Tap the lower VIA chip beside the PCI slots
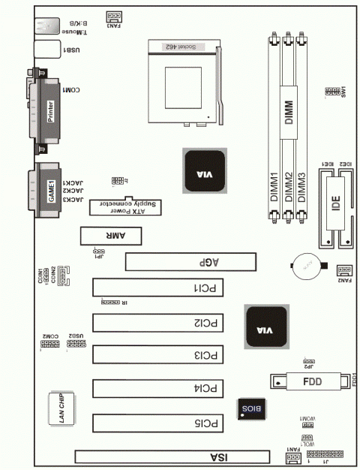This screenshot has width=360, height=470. (265, 328)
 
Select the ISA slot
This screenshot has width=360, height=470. (171, 456)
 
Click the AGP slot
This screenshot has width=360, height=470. (190, 262)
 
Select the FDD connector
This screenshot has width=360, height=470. (307, 381)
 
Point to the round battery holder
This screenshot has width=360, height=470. (306, 267)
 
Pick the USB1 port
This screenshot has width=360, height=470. (46, 50)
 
